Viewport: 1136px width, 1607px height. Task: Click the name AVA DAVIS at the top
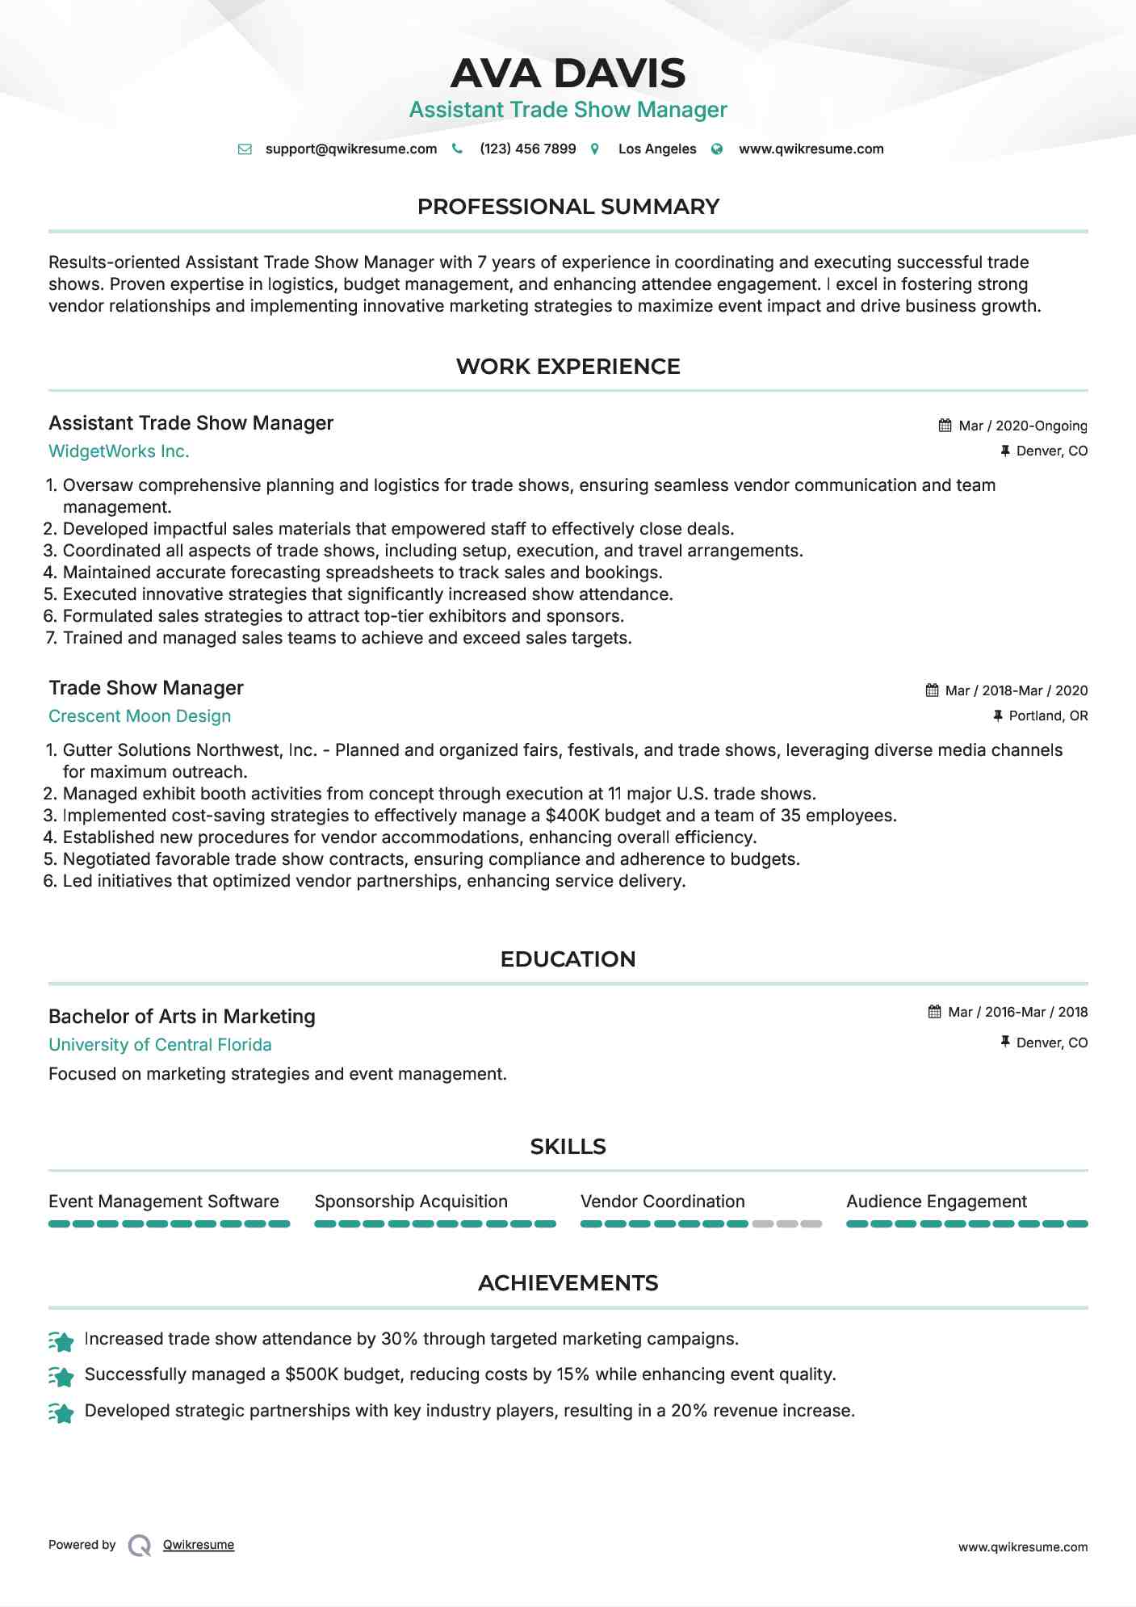tap(568, 73)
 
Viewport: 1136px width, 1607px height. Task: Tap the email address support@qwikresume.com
tap(350, 149)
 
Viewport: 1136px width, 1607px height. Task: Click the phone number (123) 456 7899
tap(527, 149)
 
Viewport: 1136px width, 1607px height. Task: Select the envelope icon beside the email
tap(245, 149)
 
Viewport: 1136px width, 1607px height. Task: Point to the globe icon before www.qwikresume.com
tap(717, 149)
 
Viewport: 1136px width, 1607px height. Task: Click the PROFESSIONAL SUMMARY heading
tap(568, 207)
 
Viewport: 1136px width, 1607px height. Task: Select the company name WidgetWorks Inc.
tap(119, 451)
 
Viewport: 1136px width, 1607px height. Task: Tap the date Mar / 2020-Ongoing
tap(1022, 426)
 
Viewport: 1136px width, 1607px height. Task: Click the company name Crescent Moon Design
tap(140, 716)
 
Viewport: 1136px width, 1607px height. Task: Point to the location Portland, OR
tap(1048, 715)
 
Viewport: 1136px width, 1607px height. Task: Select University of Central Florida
tap(160, 1045)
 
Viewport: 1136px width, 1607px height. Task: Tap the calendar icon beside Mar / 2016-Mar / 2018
tap(934, 1012)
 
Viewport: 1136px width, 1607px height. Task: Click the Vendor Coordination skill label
tap(662, 1202)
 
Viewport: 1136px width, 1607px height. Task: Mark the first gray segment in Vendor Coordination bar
tap(762, 1224)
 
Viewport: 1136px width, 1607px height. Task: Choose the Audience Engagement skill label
tap(936, 1202)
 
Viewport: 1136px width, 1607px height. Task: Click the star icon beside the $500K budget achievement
tap(61, 1375)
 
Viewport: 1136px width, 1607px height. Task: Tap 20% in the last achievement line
tap(689, 1411)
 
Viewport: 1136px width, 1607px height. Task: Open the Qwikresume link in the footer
tap(199, 1545)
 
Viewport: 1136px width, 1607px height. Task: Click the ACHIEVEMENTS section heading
tap(568, 1283)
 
